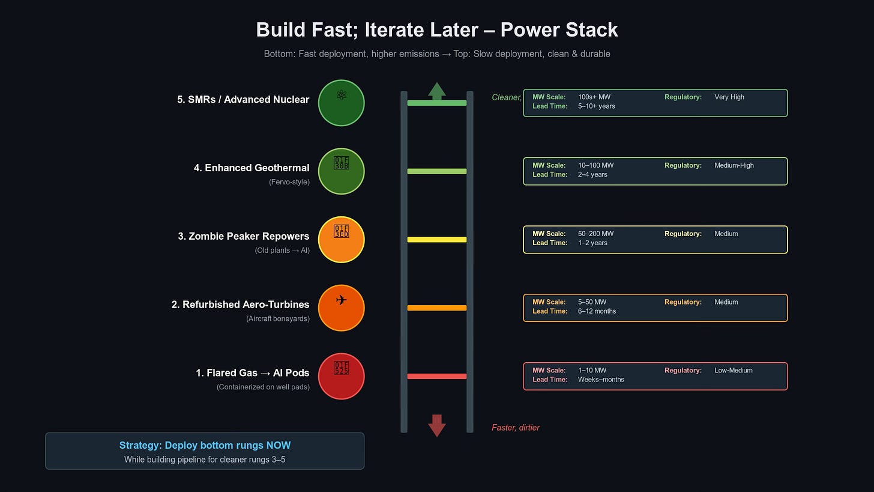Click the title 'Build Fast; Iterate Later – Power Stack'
pyautogui.click(x=437, y=29)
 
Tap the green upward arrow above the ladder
pyautogui.click(x=437, y=91)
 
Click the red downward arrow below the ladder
pyautogui.click(x=437, y=425)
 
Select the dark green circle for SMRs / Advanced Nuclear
pyautogui.click(x=341, y=103)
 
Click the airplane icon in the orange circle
pyautogui.click(x=341, y=300)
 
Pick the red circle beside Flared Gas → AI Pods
pyautogui.click(x=341, y=377)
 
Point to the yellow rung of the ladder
pyautogui.click(x=437, y=240)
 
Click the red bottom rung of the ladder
pyautogui.click(x=437, y=377)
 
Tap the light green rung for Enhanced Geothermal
pyautogui.click(x=437, y=171)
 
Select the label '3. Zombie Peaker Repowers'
pyautogui.click(x=244, y=236)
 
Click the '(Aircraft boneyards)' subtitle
pyautogui.click(x=278, y=318)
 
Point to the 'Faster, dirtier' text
pyautogui.click(x=516, y=428)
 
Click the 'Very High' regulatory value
pyautogui.click(x=729, y=97)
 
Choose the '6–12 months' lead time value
pyautogui.click(x=597, y=311)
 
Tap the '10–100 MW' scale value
pyautogui.click(x=596, y=165)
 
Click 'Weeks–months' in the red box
pyautogui.click(x=601, y=380)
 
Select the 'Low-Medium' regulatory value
pyautogui.click(x=734, y=371)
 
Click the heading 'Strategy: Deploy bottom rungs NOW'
pyautogui.click(x=205, y=445)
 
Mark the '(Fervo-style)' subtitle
pyautogui.click(x=289, y=182)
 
